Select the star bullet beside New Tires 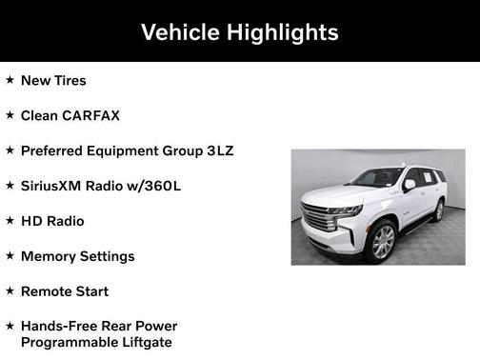[x=10, y=80]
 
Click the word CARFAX [x=91, y=115]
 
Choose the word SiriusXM [x=56, y=186]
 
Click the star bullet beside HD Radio [x=10, y=221]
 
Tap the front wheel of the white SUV [x=382, y=242]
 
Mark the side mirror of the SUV [x=410, y=186]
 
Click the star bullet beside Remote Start [x=10, y=291]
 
